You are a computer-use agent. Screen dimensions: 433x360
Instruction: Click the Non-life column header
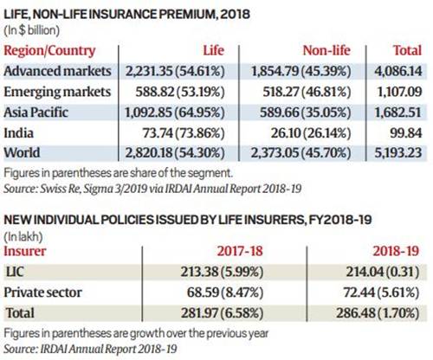click(x=326, y=50)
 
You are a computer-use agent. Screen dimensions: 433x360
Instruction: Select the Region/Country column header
click(x=49, y=51)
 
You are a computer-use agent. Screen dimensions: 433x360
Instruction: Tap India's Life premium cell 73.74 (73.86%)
click(x=184, y=133)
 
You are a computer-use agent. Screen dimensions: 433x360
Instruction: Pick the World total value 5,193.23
click(x=398, y=153)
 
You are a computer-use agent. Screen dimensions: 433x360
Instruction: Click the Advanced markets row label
click(x=57, y=71)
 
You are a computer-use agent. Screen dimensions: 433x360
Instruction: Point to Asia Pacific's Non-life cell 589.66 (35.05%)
click(x=305, y=112)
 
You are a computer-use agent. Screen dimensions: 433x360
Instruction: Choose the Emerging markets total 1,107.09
click(x=399, y=92)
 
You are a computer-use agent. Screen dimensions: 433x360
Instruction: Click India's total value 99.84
click(x=406, y=133)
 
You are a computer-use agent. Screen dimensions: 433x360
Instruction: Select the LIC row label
click(x=15, y=272)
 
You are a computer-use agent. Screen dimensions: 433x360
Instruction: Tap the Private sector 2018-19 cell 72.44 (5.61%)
click(x=381, y=292)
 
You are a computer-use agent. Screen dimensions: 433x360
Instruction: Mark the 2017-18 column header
click(x=240, y=251)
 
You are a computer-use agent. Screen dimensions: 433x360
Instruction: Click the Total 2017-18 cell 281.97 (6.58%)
click(x=222, y=313)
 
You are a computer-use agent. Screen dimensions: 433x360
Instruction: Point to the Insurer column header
click(x=25, y=251)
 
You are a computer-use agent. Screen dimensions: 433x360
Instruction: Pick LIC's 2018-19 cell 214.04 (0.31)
click(x=383, y=272)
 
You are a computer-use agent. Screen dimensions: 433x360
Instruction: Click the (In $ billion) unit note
click(x=31, y=30)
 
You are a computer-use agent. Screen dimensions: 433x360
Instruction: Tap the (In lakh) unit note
click(x=23, y=237)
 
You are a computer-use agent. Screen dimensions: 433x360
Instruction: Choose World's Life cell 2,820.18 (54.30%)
click(x=175, y=153)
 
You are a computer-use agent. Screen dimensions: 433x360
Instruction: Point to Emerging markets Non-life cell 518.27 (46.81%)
click(x=307, y=92)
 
